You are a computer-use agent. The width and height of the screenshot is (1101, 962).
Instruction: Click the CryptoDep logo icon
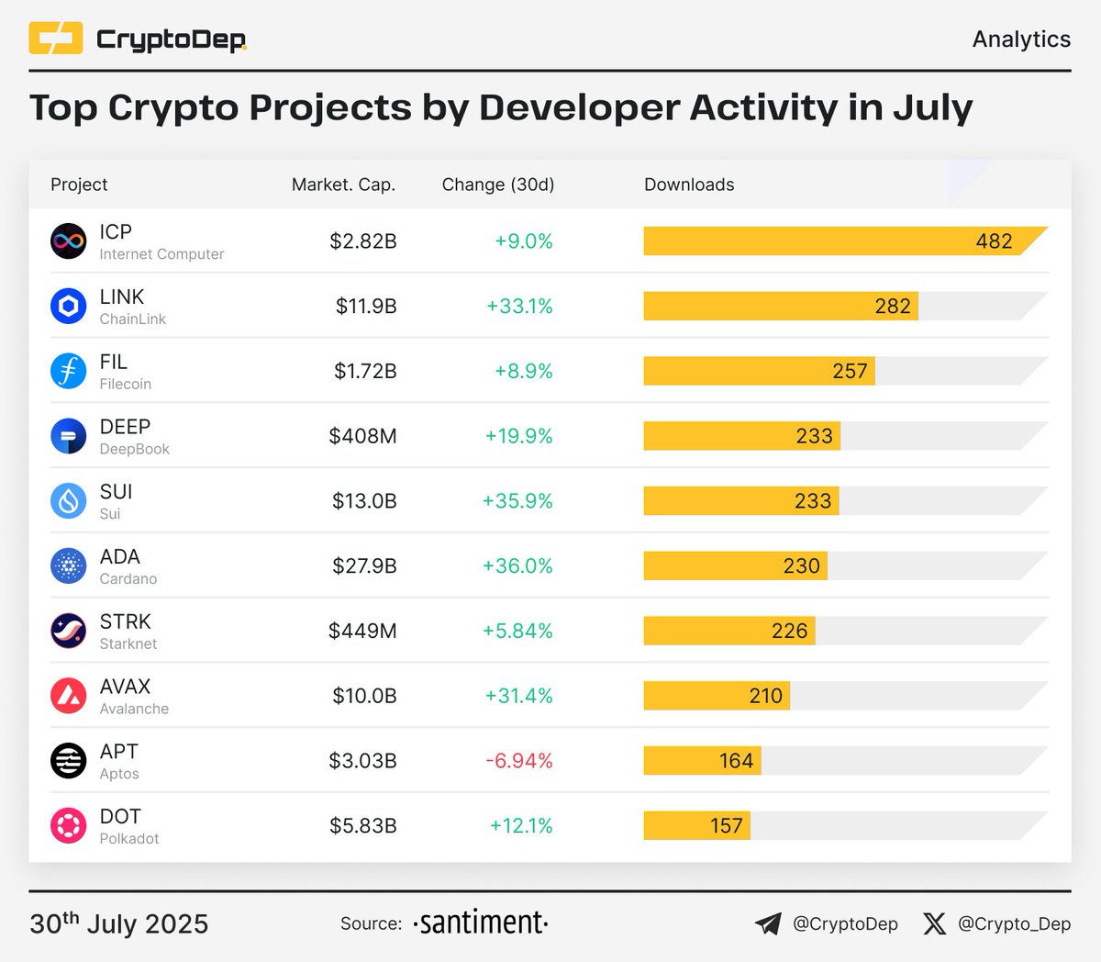pos(56,39)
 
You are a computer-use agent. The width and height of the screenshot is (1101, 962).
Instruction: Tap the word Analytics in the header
pos(1021,39)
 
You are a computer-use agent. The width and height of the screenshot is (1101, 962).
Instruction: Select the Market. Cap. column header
pos(343,185)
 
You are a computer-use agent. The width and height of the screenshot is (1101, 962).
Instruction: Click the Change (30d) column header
pos(498,185)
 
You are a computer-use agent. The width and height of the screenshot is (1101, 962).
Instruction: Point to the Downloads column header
pos(689,185)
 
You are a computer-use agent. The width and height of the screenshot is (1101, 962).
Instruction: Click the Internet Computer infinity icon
pos(68,241)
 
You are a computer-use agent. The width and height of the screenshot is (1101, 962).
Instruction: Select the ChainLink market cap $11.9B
pos(365,307)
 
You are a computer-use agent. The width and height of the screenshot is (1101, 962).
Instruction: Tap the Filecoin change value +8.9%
pos(523,372)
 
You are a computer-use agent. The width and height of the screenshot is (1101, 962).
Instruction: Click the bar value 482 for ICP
pos(994,241)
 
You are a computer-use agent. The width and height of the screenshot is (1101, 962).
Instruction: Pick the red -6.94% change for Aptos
pos(520,761)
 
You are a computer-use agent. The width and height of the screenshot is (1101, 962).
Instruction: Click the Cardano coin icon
pos(68,566)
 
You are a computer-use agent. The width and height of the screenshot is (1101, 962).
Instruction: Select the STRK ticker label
pos(125,621)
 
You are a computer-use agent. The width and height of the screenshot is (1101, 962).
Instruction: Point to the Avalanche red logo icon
pos(68,696)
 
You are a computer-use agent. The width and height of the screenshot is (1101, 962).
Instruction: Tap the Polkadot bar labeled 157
pos(697,825)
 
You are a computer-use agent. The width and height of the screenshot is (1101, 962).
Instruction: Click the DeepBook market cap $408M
pos(362,436)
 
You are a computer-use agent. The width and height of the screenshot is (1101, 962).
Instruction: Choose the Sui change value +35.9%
pos(517,501)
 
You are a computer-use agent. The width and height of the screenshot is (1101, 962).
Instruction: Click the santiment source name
pos(480,923)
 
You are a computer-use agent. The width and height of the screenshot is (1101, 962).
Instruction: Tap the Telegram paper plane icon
pos(768,923)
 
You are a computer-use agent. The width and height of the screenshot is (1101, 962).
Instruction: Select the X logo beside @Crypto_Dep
pos(934,923)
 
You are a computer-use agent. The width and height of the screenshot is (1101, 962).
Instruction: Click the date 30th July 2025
pos(119,923)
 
